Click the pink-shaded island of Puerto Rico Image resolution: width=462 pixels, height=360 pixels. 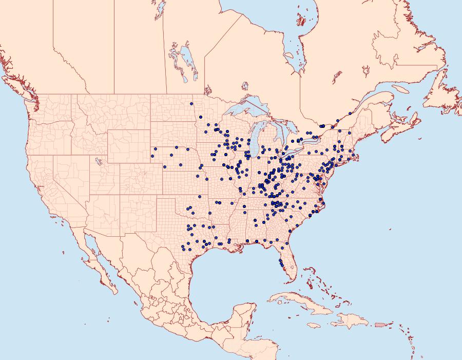(x=380, y=324)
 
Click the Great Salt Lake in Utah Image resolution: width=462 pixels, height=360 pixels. (x=97, y=162)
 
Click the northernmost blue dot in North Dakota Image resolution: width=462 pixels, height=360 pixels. (x=191, y=104)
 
